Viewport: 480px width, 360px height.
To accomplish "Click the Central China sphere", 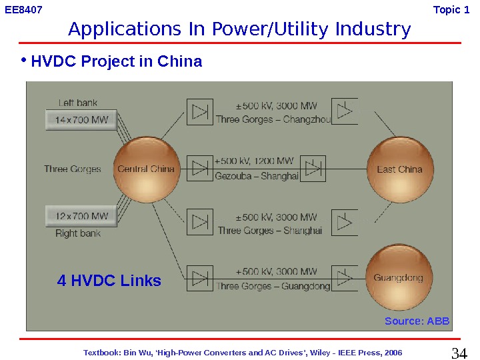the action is tap(146, 169).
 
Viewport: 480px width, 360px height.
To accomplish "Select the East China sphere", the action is tap(399, 169).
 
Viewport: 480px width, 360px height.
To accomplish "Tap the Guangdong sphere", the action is tap(399, 277).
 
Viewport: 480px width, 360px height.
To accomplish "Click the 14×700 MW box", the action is tap(81, 121).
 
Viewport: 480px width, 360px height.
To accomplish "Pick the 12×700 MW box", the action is tap(81, 216).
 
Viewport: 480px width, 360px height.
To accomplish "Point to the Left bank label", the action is tap(78, 103).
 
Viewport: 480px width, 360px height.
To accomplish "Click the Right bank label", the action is tap(78, 233).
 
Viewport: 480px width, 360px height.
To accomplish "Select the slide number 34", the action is tap(459, 353).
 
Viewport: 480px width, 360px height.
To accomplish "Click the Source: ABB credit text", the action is tap(417, 321).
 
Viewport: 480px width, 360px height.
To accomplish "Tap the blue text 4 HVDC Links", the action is tap(109, 281).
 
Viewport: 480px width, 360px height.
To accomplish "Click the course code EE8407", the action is tap(23, 10).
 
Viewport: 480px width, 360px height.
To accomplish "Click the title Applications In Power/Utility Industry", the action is tap(239, 29).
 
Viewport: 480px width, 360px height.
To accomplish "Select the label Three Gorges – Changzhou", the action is tap(273, 119).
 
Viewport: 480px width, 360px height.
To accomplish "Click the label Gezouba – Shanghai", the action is tap(257, 176).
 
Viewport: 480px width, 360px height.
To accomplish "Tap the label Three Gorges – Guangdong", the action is tap(273, 286).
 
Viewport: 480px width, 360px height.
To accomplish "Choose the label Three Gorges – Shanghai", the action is tap(270, 231).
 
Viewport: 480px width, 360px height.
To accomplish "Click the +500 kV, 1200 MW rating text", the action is tap(254, 161).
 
